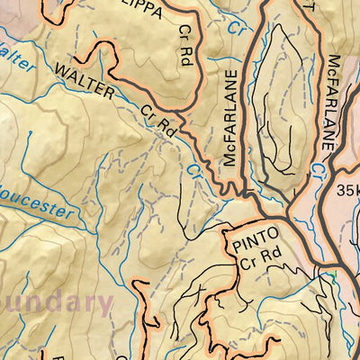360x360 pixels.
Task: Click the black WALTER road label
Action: pyautogui.click(x=85, y=80)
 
